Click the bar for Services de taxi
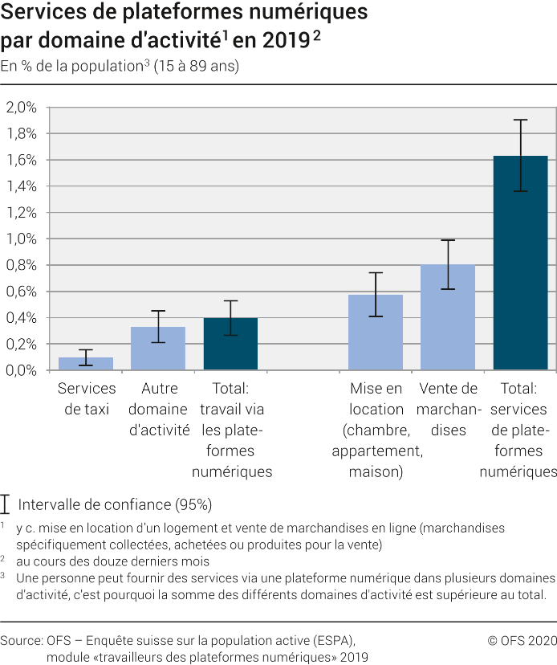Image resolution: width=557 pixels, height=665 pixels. (86, 364)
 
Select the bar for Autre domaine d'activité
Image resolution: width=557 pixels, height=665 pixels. (158, 349)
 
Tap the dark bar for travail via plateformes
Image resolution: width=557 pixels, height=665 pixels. (230, 345)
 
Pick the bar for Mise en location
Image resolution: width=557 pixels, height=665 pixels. (376, 332)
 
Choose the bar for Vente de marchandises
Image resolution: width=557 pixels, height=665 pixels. (448, 317)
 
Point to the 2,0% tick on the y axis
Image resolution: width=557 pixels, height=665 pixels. (22, 107)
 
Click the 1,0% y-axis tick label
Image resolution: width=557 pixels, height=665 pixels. (22, 239)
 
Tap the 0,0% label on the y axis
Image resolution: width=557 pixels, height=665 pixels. (22, 370)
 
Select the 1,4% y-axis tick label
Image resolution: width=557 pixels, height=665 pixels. (22, 186)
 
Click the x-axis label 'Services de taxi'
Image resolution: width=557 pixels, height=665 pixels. (86, 398)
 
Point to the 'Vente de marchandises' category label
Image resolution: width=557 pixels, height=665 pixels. (448, 409)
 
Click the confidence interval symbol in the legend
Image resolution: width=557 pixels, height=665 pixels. (6, 504)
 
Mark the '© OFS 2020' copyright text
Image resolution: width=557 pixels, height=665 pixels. (521, 640)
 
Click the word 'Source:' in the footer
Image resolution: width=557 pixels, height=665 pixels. (22, 640)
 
